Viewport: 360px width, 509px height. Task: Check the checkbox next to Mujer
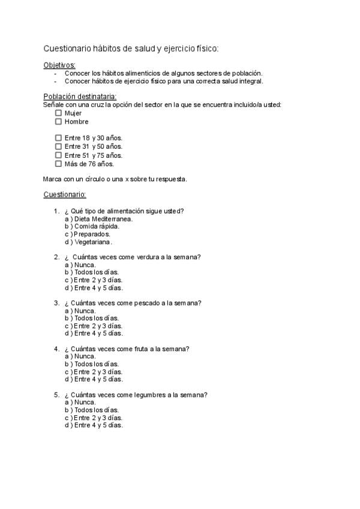click(x=58, y=113)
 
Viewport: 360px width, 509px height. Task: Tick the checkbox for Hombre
click(x=58, y=121)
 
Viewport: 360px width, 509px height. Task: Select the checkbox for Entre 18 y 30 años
click(x=58, y=137)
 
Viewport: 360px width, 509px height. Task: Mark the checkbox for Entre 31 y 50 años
click(x=58, y=146)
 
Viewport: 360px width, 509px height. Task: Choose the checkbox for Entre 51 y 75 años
click(x=58, y=155)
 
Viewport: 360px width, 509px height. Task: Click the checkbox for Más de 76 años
click(x=58, y=163)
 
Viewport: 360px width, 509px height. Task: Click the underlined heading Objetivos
click(x=59, y=65)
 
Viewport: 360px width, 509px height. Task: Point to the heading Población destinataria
click(x=80, y=97)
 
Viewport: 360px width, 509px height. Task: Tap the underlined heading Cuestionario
click(x=65, y=194)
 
